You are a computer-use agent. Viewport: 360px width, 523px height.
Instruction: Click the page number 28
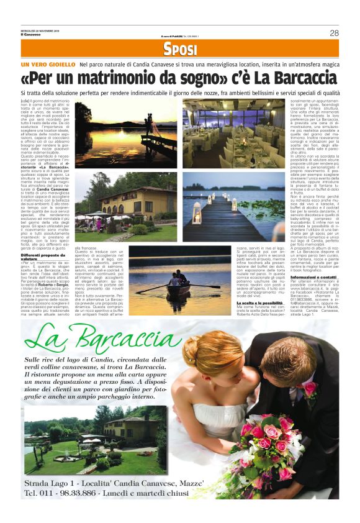point(334,33)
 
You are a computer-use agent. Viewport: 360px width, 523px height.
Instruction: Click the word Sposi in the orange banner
point(181,50)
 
